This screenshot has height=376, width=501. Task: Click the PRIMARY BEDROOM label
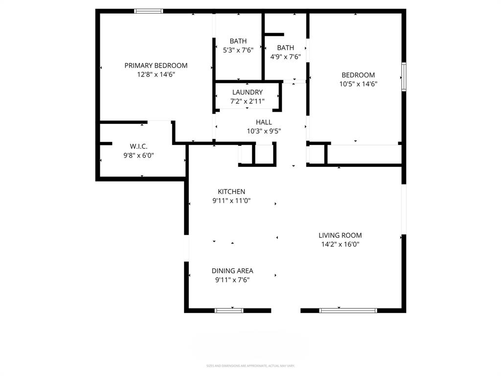(156, 66)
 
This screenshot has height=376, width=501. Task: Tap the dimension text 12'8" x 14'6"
(156, 74)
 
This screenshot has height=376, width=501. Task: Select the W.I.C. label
(138, 146)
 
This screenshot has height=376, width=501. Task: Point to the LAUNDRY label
(247, 92)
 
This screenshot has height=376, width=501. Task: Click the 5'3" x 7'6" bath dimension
(238, 50)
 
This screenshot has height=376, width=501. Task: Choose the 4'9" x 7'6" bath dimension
(285, 57)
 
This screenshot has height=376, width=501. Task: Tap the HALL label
(264, 122)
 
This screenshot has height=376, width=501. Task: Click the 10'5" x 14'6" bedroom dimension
(358, 84)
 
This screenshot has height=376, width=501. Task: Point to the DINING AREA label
(232, 271)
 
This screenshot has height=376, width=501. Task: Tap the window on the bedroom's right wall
(404, 76)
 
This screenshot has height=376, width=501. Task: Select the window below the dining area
(229, 310)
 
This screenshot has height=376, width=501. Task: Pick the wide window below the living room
(348, 310)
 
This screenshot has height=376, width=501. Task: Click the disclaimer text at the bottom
(250, 366)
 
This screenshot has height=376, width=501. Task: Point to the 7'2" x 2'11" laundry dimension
(247, 101)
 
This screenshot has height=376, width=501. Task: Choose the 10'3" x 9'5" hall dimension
(264, 131)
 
